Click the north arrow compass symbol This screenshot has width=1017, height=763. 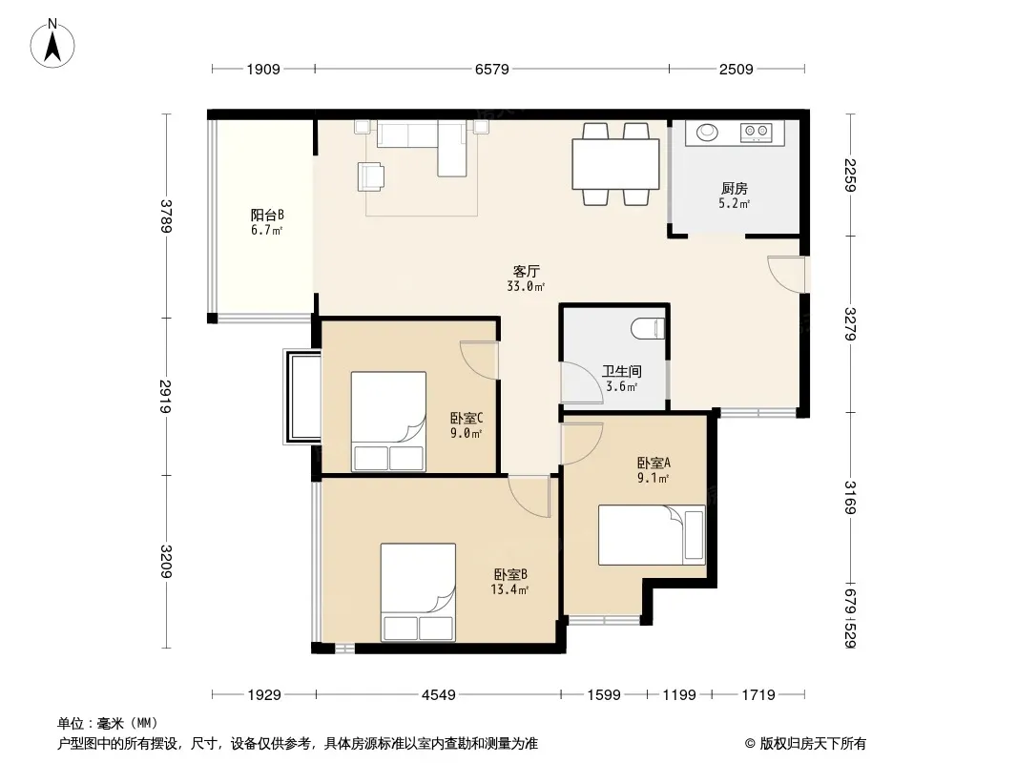click(x=52, y=44)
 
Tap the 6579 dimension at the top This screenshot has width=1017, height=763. click(x=491, y=69)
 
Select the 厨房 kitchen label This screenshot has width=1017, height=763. click(x=735, y=189)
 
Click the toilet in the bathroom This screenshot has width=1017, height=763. click(x=648, y=328)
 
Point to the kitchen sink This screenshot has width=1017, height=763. click(x=707, y=133)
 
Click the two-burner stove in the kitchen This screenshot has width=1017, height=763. click(x=757, y=133)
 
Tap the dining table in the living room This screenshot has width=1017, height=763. click(x=615, y=163)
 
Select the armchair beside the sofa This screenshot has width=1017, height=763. click(x=370, y=176)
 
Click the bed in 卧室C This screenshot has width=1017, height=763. click(x=388, y=421)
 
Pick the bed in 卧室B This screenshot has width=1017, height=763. click(x=418, y=592)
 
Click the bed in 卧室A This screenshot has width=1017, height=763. click(x=652, y=535)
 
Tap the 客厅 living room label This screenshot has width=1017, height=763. click(x=526, y=271)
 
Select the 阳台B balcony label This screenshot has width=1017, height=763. click(x=267, y=215)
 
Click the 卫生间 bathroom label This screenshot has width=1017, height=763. click(x=622, y=371)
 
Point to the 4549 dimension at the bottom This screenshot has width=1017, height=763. click(x=439, y=695)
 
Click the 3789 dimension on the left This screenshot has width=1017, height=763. click(x=167, y=216)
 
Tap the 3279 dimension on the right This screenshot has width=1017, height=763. click(x=850, y=324)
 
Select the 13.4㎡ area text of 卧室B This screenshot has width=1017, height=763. click(x=509, y=590)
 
